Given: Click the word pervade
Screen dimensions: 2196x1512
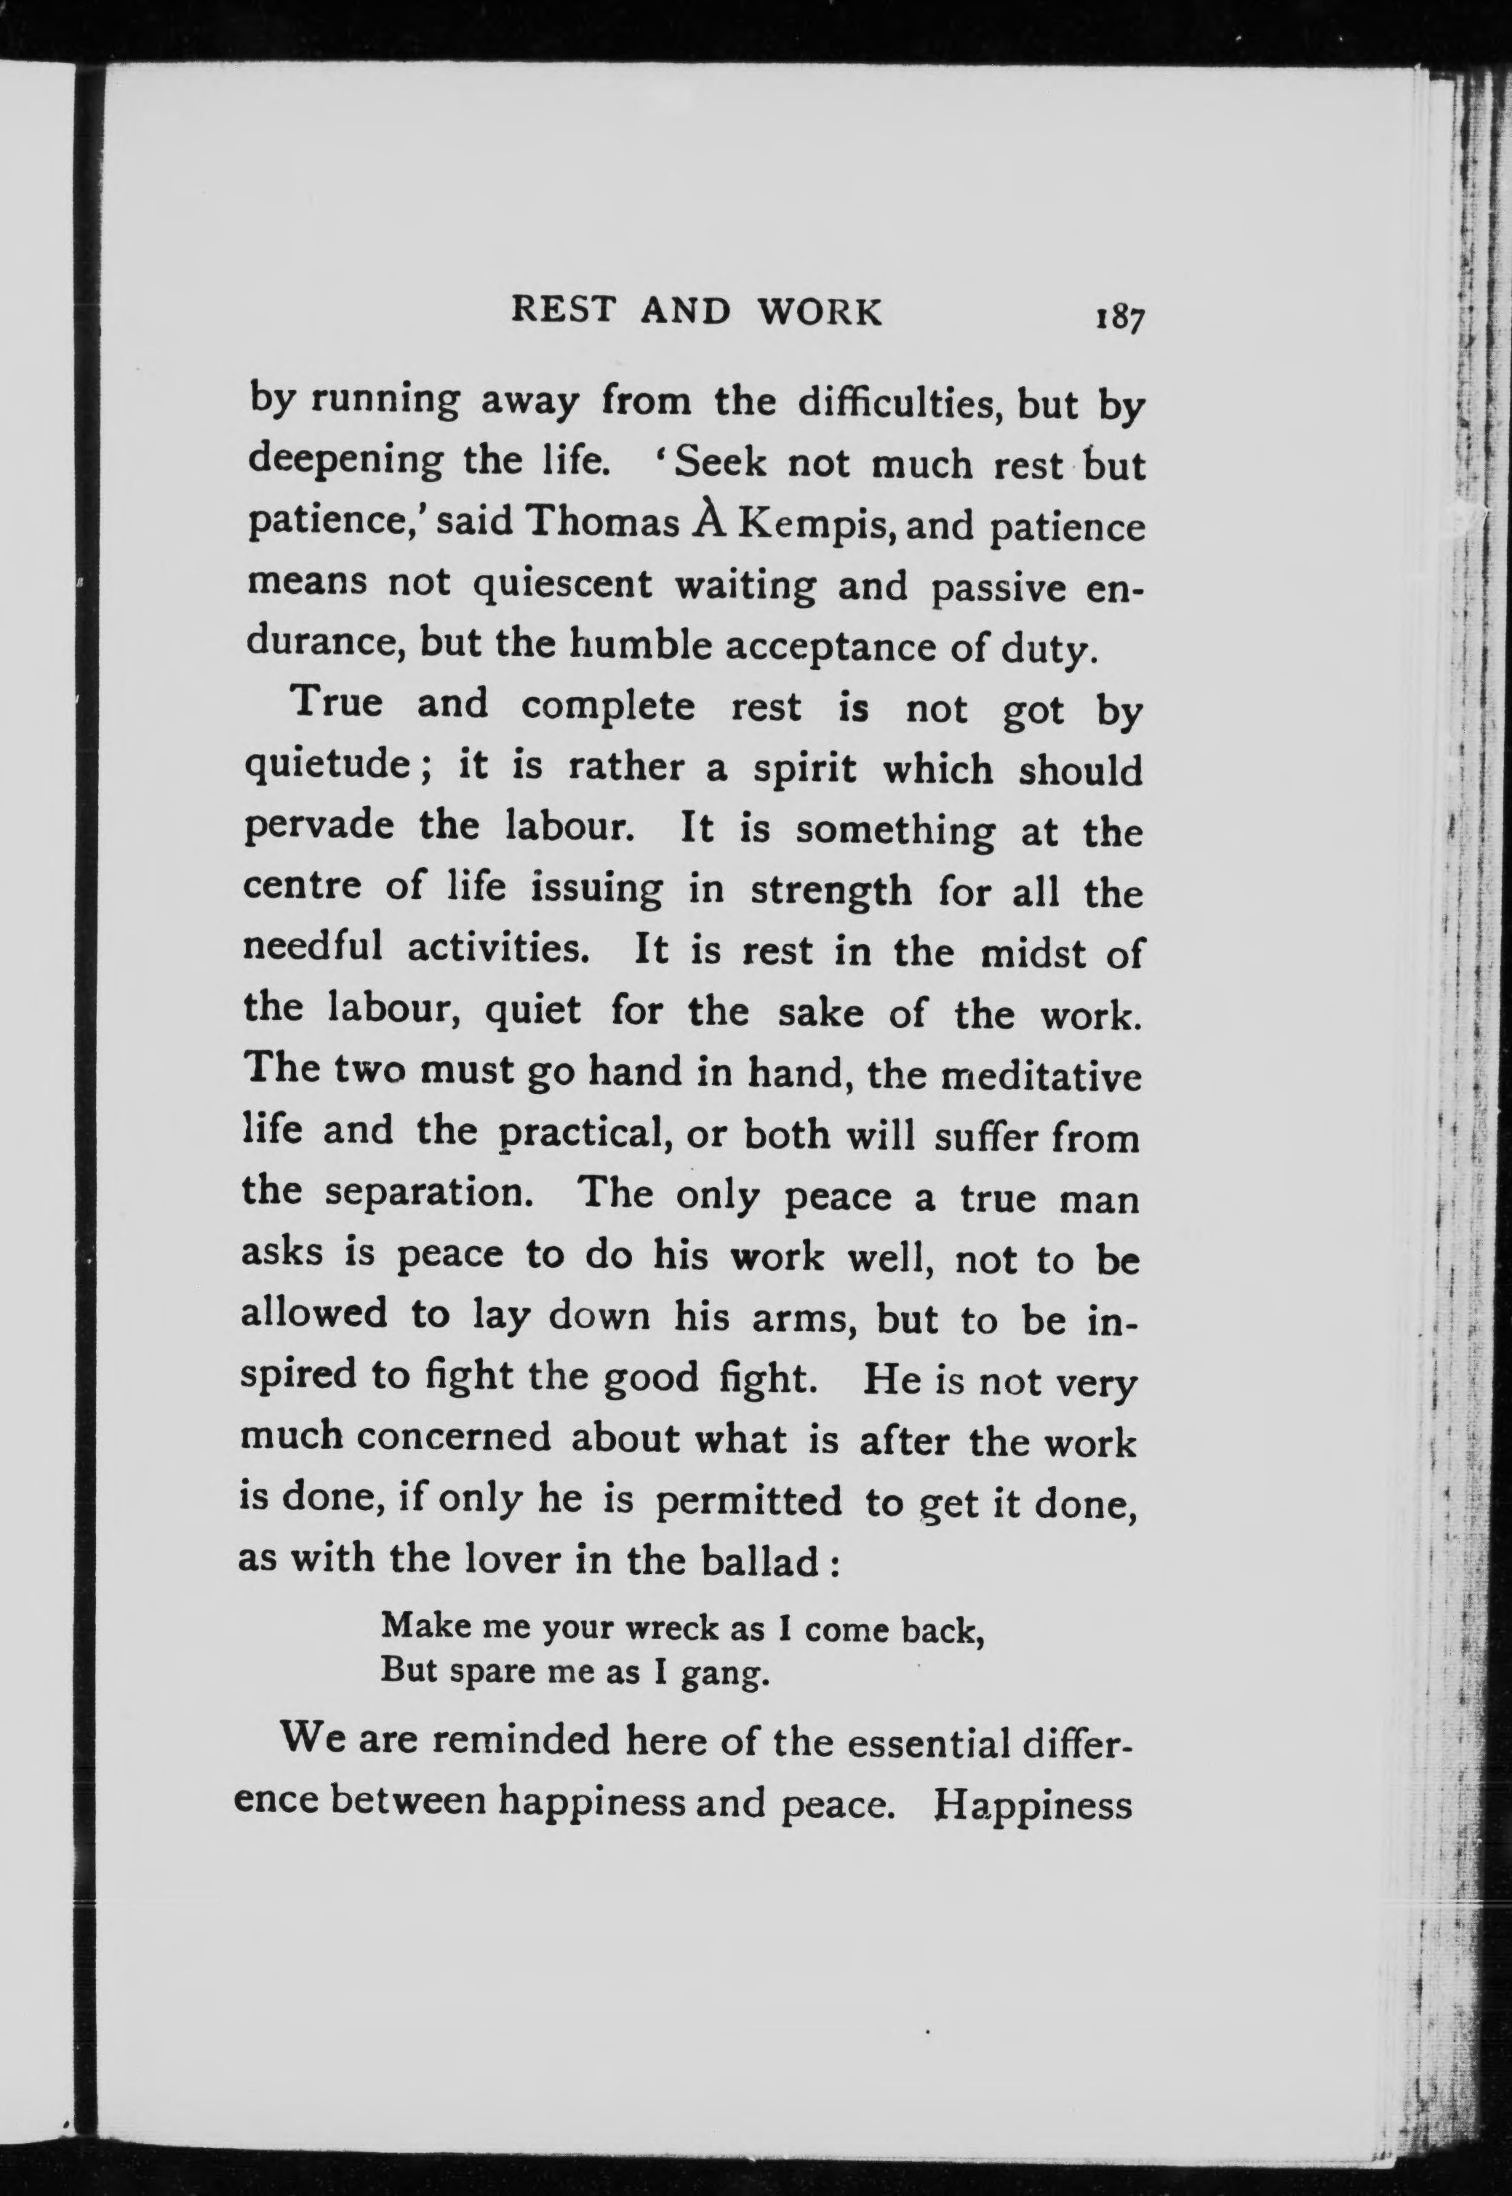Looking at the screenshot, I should click(319, 827).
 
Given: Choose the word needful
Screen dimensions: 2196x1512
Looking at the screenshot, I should click(313, 949).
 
